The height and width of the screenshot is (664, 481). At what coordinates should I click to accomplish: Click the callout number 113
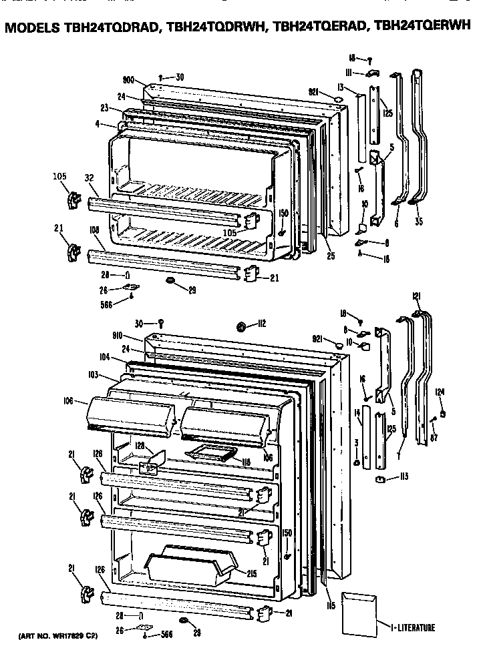pyautogui.click(x=404, y=476)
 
